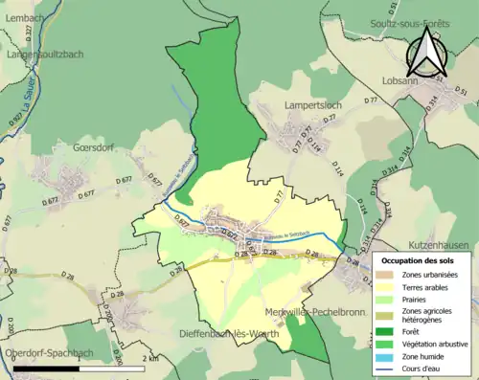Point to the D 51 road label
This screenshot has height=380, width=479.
tap(461, 92)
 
